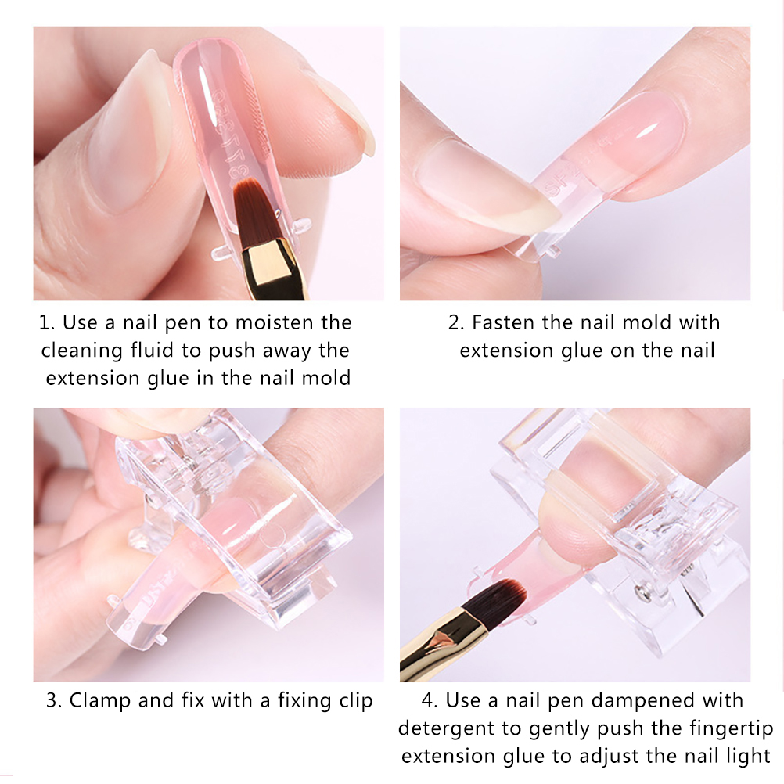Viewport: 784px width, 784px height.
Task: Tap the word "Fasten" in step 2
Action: tap(503, 322)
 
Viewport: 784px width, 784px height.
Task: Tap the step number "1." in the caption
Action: tap(46, 322)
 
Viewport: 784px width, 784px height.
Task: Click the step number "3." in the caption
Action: tap(53, 701)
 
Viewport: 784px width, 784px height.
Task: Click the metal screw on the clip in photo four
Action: tap(641, 592)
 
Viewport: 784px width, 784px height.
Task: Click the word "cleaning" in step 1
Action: tap(81, 351)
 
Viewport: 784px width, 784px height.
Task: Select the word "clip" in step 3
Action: tap(356, 701)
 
